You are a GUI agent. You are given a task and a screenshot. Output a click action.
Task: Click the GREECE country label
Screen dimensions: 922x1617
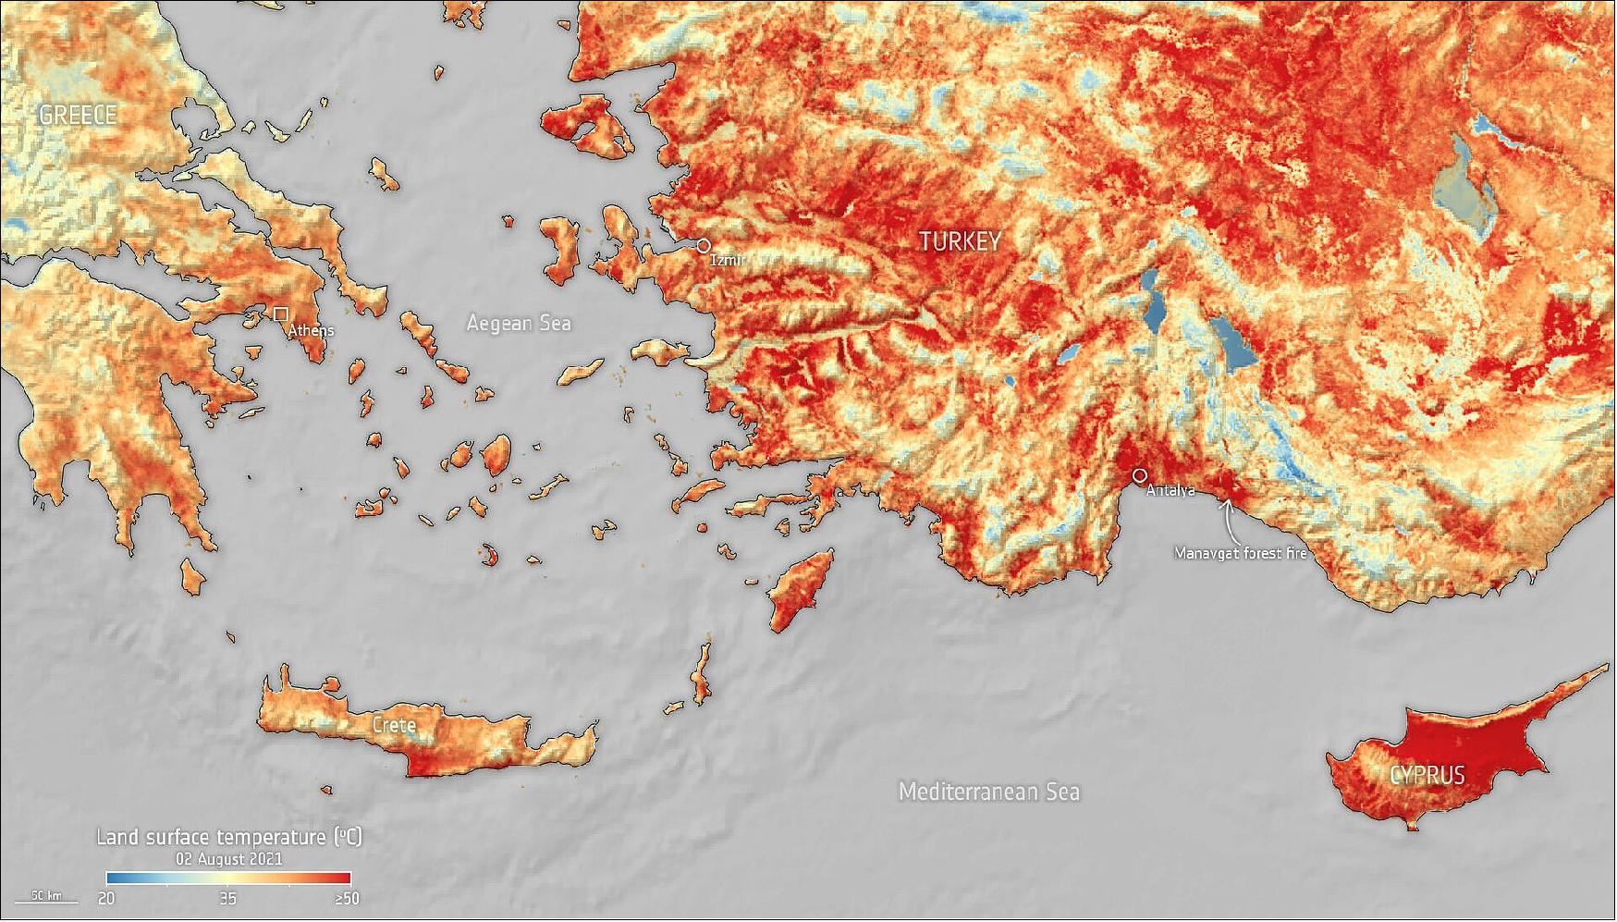(x=78, y=115)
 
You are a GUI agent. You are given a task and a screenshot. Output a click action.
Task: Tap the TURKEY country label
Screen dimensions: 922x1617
(x=960, y=241)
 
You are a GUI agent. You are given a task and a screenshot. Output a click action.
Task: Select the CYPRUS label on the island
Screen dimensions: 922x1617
(x=1427, y=774)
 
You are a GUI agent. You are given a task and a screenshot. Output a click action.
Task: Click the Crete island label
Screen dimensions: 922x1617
(x=394, y=725)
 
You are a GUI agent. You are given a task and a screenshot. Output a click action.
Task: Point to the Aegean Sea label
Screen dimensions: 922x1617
(x=518, y=323)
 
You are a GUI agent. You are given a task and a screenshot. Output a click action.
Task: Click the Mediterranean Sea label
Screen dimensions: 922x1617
(x=988, y=792)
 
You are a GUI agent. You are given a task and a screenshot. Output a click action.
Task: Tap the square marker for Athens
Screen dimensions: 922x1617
(x=280, y=314)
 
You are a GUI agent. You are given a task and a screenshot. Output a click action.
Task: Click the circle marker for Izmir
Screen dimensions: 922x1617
(x=704, y=246)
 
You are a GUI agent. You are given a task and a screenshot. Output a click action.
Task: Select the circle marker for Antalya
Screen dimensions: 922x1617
(x=1140, y=474)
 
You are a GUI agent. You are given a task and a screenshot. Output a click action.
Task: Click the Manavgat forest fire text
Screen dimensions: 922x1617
(x=1240, y=553)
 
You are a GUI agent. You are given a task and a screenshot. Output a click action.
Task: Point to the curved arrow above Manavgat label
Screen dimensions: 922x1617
(x=1228, y=522)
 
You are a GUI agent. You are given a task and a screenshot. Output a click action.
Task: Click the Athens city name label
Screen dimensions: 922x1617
(x=311, y=330)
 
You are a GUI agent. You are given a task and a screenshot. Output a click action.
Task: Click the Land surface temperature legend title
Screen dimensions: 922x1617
(x=228, y=837)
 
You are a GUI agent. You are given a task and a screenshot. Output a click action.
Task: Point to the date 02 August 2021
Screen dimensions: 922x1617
(x=228, y=858)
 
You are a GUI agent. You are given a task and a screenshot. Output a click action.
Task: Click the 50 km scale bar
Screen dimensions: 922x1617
(x=46, y=896)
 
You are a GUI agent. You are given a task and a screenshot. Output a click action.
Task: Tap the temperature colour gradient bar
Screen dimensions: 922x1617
(x=228, y=878)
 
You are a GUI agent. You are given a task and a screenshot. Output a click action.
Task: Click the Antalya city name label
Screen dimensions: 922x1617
(x=1170, y=491)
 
